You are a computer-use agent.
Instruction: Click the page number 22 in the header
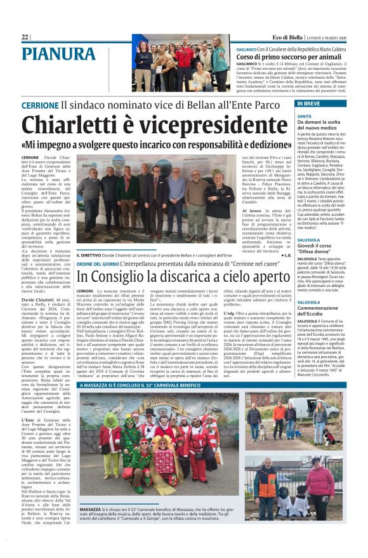25,37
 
